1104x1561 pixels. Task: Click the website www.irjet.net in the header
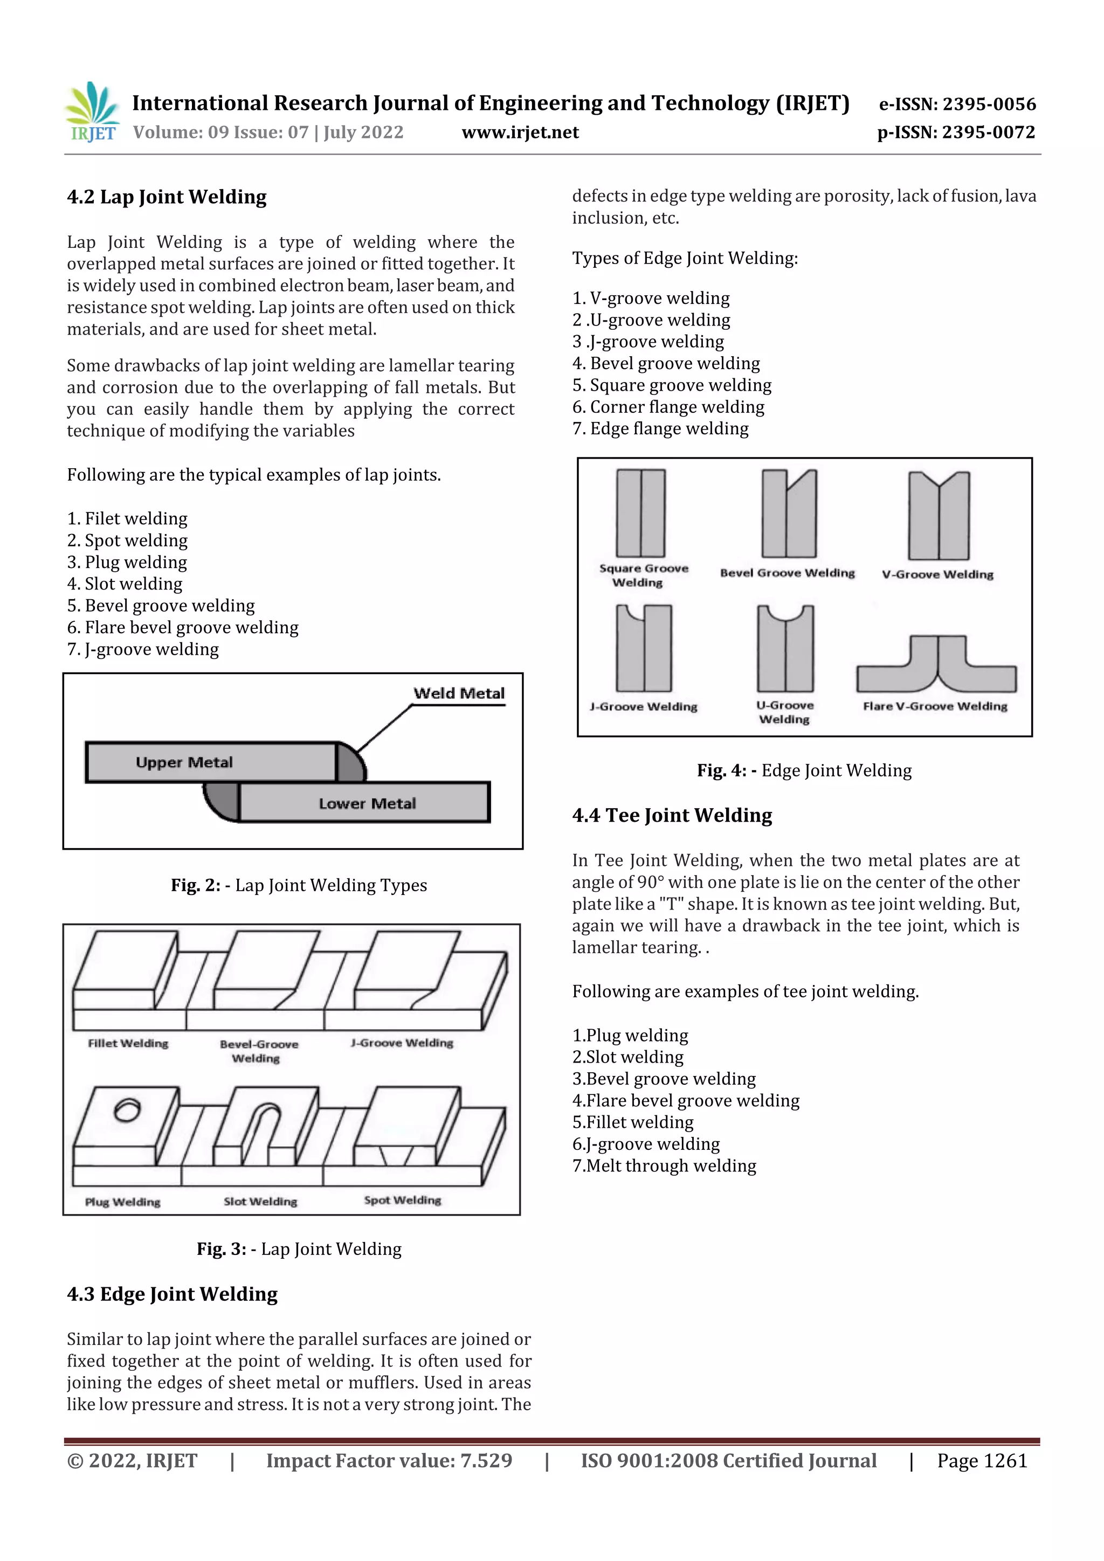520,132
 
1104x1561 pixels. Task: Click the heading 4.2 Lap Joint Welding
167,197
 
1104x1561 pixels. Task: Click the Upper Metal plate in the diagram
211,762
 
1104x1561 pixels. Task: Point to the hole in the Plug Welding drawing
127,1110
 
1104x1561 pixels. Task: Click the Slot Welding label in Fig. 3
260,1202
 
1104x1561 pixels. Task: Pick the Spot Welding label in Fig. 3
402,1200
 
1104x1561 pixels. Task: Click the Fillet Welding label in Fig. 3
128,1043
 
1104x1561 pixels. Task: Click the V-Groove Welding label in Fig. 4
937,574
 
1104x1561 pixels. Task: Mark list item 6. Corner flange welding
668,407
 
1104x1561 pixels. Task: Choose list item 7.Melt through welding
664,1166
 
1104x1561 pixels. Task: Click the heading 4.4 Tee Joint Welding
672,815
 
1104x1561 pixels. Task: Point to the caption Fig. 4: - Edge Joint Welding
804,771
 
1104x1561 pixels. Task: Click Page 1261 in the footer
982,1460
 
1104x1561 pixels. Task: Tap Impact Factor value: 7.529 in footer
389,1460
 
